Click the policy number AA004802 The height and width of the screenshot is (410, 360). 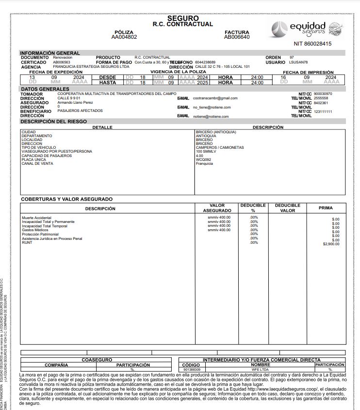pyautogui.click(x=124, y=37)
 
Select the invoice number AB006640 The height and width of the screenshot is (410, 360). pyautogui.click(x=237, y=37)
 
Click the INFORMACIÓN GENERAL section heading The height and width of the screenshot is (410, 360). pyautogui.click(x=50, y=53)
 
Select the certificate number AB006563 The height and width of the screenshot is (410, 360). pyautogui.click(x=62, y=63)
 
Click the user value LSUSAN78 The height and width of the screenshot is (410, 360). pyautogui.click(x=298, y=63)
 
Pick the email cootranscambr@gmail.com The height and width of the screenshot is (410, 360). pyautogui.click(x=215, y=98)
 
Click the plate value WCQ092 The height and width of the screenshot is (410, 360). pyautogui.click(x=203, y=159)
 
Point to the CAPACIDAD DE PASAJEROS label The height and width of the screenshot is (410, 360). pyautogui.click(x=47, y=156)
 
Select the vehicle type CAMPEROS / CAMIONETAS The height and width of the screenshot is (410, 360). pyautogui.click(x=219, y=148)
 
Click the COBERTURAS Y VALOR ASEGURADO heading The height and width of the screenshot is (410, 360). pyautogui.click(x=66, y=199)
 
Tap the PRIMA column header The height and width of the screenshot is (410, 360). pyautogui.click(x=326, y=208)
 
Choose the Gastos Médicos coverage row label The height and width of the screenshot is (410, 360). pyautogui.click(x=35, y=230)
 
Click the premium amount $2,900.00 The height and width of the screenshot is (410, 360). pyautogui.click(x=331, y=244)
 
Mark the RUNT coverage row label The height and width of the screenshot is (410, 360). pyautogui.click(x=27, y=242)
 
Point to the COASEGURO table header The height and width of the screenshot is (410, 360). pyautogui.click(x=97, y=360)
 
